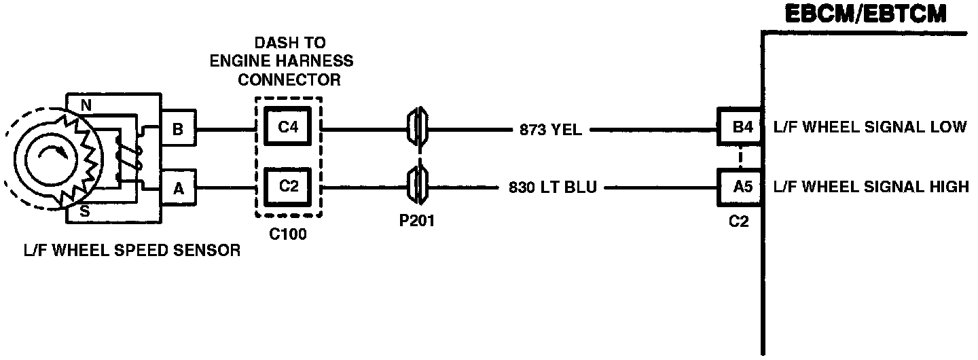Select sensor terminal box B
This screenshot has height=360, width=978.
(x=178, y=128)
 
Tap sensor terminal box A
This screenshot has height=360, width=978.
(x=178, y=189)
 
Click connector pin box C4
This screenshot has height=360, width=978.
(x=289, y=126)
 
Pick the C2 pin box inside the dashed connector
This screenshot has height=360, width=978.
(x=289, y=185)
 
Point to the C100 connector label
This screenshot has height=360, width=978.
(x=289, y=235)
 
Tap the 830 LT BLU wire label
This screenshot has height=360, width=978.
(x=552, y=187)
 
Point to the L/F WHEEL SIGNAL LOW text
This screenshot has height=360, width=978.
(x=870, y=127)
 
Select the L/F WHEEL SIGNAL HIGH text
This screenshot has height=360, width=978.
(x=871, y=186)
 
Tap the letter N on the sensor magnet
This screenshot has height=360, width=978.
(x=86, y=105)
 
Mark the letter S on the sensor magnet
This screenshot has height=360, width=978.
(x=86, y=211)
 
